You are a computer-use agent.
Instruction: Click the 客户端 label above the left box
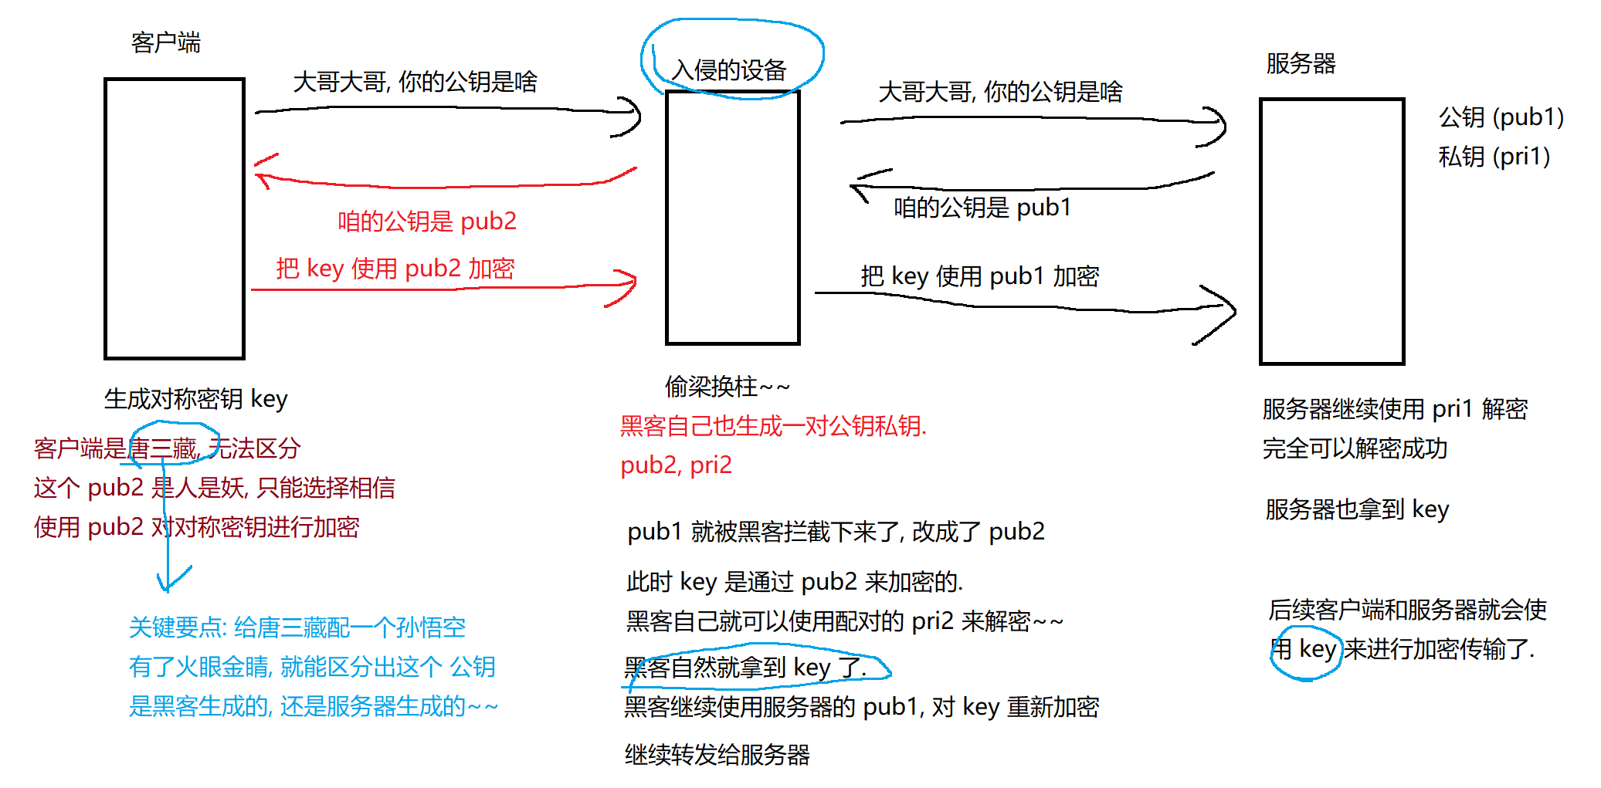[x=165, y=42]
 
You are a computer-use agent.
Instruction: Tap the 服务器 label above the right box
[x=1301, y=63]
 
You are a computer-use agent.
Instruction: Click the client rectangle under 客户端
[x=175, y=218]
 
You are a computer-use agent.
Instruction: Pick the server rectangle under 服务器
[x=1331, y=231]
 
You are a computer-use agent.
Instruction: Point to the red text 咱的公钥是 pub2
[x=426, y=222]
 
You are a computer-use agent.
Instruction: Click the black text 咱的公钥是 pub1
[x=982, y=208]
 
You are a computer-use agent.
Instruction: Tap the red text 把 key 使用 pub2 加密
[x=395, y=269]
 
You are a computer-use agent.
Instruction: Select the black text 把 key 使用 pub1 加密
[x=979, y=276]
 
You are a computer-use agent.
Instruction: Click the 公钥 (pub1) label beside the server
[x=1501, y=117]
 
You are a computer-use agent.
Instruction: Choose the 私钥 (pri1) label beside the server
[x=1494, y=157]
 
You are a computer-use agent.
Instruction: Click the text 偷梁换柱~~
[x=727, y=386]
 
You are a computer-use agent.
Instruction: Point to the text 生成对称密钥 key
[x=195, y=399]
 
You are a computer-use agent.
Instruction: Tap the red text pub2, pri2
[x=676, y=465]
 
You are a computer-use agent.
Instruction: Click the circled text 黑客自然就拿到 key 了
[x=745, y=668]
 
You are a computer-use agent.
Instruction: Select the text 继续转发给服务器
[x=717, y=755]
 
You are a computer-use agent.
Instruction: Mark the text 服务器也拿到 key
[x=1356, y=509]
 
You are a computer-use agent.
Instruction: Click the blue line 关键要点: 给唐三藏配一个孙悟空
[x=297, y=627]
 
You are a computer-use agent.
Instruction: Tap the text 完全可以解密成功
[x=1355, y=448]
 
